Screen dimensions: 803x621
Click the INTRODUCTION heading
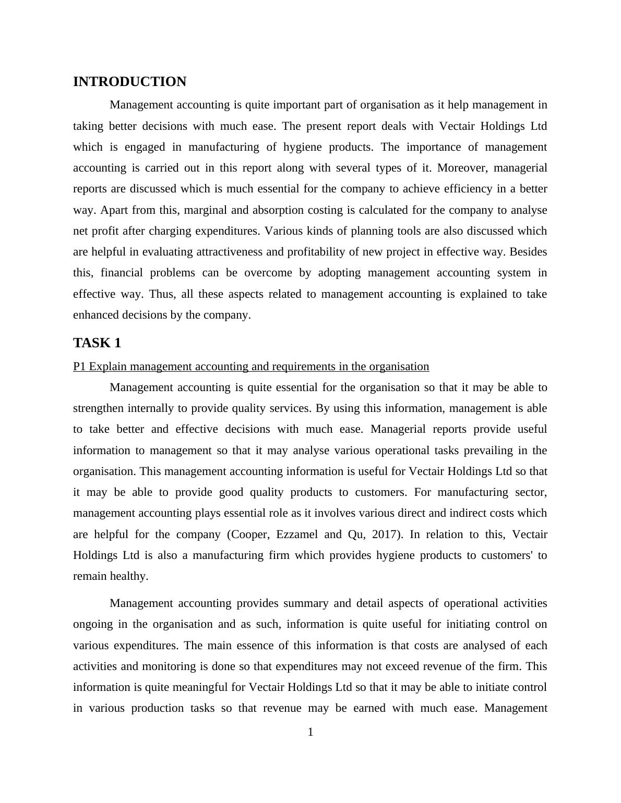point(129,82)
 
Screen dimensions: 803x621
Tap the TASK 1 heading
point(97,343)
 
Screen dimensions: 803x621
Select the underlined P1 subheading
point(251,367)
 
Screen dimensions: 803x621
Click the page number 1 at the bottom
point(310,733)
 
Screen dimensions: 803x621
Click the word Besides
point(528,252)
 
